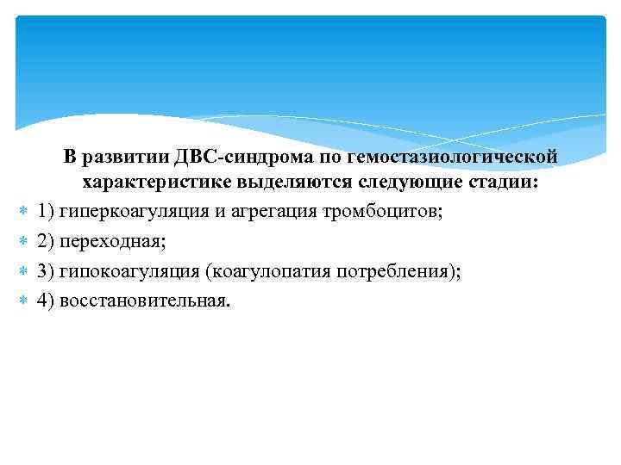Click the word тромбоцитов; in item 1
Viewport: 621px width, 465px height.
[x=384, y=211]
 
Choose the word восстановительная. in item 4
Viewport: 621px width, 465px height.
[x=146, y=302]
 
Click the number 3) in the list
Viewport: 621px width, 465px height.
[x=46, y=272]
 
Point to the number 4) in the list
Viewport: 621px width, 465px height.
[x=46, y=302]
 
